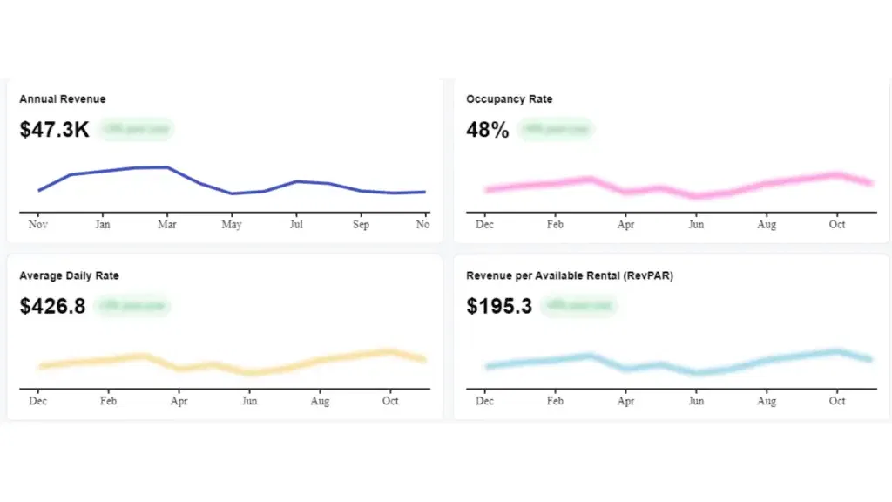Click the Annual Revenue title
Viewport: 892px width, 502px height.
63,99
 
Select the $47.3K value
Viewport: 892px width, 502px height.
54,130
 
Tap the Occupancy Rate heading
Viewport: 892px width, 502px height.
509,99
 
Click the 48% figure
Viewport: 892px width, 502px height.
487,130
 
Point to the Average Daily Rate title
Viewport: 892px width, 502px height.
69,275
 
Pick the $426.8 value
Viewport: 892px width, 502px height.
52,306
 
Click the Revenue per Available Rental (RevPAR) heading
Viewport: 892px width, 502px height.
570,275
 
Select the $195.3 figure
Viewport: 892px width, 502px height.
499,306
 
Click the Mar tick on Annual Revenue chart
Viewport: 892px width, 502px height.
167,225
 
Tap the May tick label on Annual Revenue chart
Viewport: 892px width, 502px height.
232,225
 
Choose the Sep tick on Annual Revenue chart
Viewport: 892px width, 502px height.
361,225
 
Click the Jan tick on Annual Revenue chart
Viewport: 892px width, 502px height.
103,225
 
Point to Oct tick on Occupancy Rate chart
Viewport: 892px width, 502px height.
837,225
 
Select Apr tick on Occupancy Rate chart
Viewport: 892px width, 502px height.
625,225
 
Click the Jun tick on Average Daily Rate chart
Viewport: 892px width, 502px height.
249,402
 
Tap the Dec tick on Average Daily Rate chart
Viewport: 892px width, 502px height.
38,402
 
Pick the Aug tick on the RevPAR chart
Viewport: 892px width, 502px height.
767,402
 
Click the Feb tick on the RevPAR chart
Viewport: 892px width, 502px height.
555,402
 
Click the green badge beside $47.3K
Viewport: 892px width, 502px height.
135,130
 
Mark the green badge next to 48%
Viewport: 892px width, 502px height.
556,130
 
